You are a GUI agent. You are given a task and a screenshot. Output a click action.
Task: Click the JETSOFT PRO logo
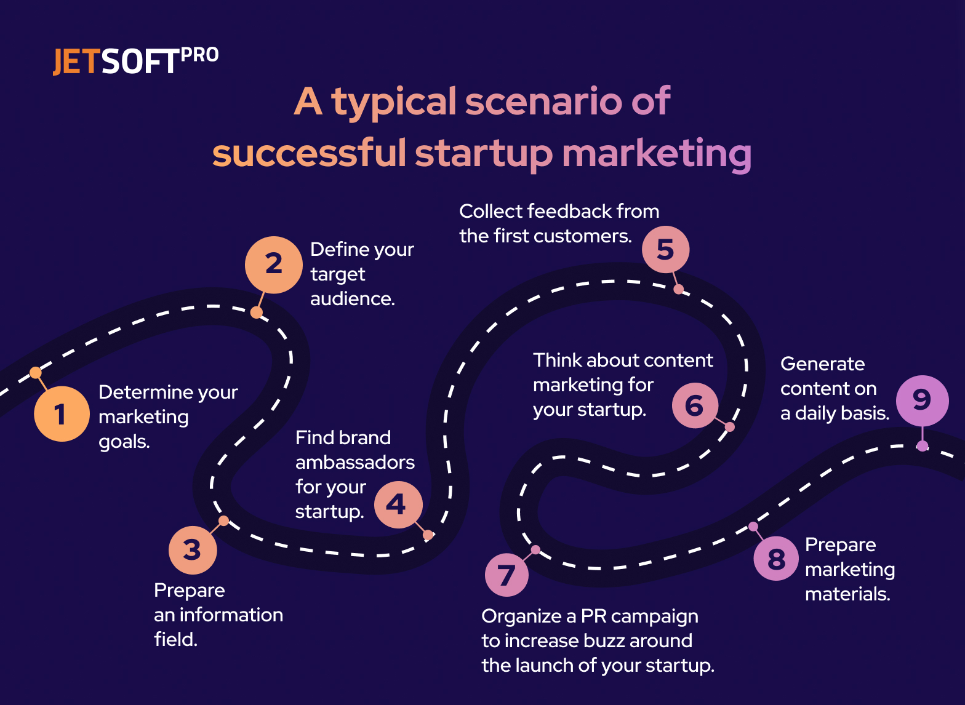pos(135,61)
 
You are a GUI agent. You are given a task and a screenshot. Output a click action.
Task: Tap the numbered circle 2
pos(273,265)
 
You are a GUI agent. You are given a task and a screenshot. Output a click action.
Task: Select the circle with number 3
pos(193,549)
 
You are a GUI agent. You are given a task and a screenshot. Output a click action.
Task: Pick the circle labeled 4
pos(398,505)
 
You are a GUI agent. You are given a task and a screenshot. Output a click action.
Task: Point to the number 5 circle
pos(665,250)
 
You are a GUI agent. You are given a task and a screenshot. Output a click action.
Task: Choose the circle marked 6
pos(695,405)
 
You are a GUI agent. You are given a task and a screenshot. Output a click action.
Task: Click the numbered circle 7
pos(507,575)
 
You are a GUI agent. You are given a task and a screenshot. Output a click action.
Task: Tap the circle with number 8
pos(777,559)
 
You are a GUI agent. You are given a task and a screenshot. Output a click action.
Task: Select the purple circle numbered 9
pos(922,400)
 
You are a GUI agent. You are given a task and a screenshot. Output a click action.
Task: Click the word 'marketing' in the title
pos(656,154)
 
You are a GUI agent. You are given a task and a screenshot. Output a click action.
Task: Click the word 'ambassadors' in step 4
pos(355,463)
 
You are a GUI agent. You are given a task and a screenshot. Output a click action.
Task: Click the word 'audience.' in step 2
pos(352,299)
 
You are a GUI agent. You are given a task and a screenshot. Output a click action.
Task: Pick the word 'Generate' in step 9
pos(822,364)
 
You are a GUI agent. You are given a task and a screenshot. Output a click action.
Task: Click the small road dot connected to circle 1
pos(36,372)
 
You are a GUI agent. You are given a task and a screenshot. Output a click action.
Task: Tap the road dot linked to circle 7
pos(535,549)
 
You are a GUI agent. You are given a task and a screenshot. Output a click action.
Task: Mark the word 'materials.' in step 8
pos(847,594)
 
